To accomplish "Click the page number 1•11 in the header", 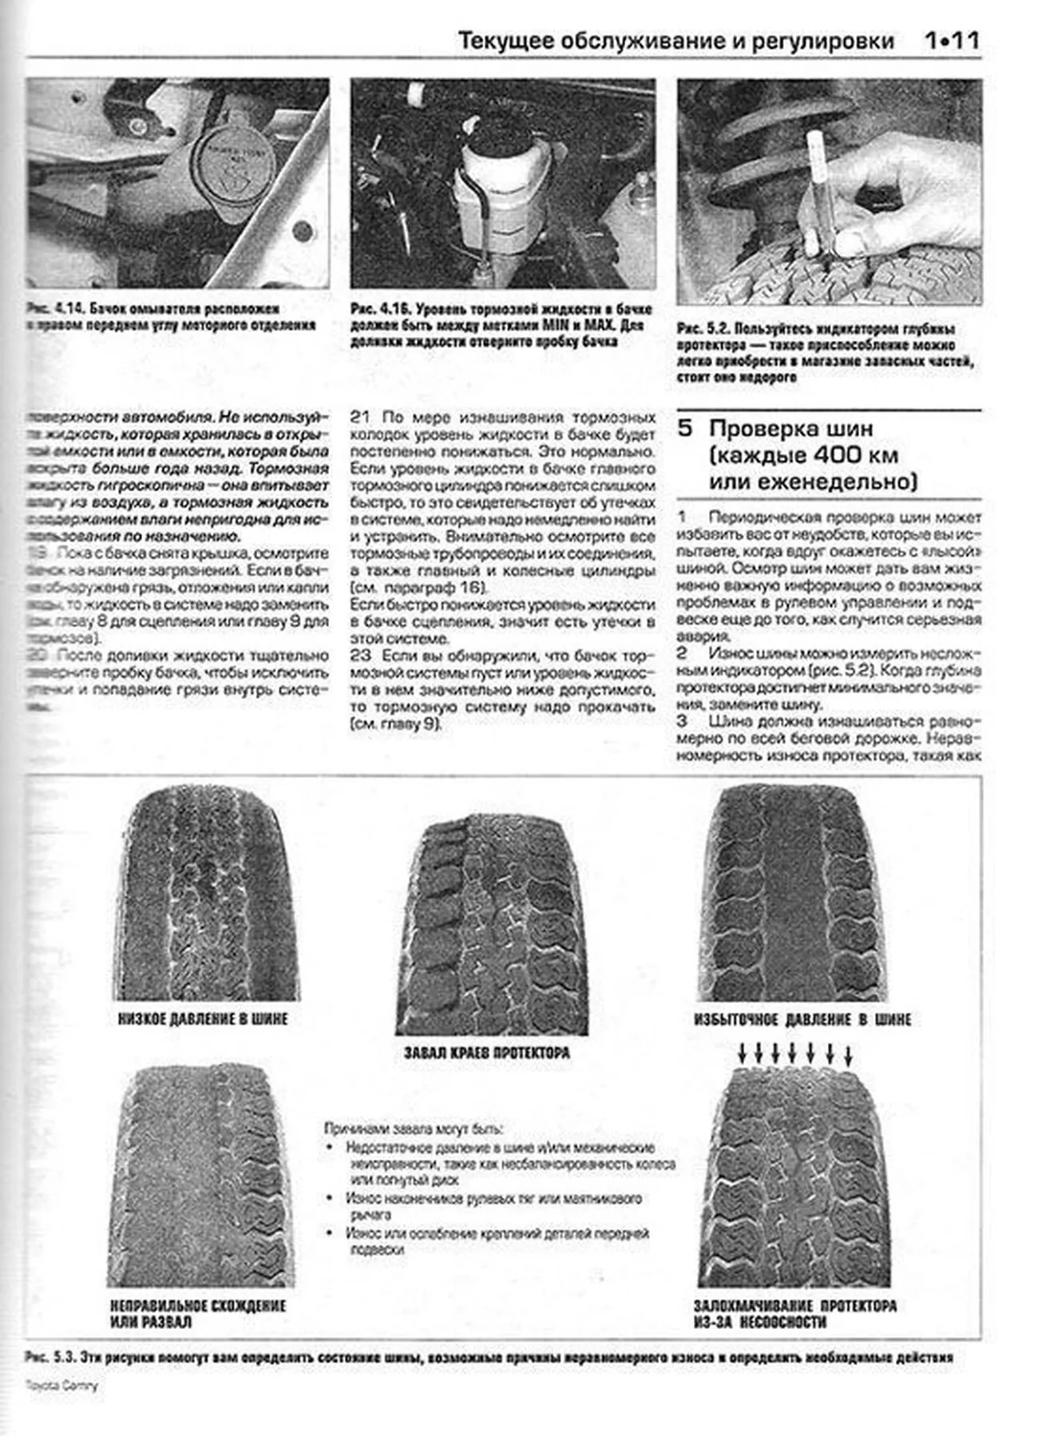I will click(951, 41).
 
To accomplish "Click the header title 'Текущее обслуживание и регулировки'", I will click(675, 42).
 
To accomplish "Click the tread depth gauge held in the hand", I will click(818, 188).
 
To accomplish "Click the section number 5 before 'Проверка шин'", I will click(685, 428).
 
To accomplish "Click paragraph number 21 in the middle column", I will click(360, 417).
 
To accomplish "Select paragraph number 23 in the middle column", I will click(360, 656).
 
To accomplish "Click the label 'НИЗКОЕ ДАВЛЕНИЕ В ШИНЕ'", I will click(202, 1019).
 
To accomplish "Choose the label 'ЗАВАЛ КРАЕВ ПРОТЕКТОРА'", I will click(487, 1053).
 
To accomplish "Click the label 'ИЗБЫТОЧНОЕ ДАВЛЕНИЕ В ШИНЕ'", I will click(802, 1020).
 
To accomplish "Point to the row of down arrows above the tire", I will click(795, 1053).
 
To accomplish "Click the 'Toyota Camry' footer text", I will click(61, 1385).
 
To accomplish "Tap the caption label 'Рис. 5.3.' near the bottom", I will click(50, 1357).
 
